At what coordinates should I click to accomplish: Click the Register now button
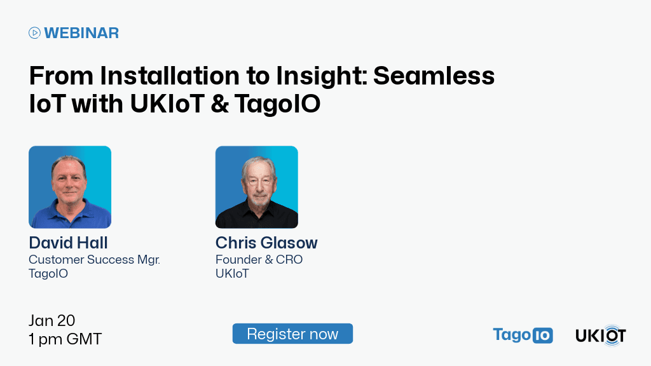(292, 334)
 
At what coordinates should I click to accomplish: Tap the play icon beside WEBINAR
(35, 33)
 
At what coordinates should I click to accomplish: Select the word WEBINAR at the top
(81, 33)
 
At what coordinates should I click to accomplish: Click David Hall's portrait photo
(70, 187)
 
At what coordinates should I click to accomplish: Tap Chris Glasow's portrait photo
(256, 187)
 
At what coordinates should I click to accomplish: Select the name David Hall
(69, 243)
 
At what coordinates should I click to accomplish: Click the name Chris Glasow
(266, 243)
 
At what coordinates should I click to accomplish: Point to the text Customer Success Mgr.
(94, 260)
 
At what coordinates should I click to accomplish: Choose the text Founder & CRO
(259, 260)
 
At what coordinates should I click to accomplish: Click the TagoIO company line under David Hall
(48, 274)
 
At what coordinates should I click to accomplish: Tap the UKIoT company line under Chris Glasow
(232, 274)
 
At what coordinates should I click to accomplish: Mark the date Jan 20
(52, 320)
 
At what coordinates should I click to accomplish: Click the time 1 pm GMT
(65, 339)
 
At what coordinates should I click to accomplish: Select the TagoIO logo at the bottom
(523, 335)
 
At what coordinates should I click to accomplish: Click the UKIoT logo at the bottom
(601, 335)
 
